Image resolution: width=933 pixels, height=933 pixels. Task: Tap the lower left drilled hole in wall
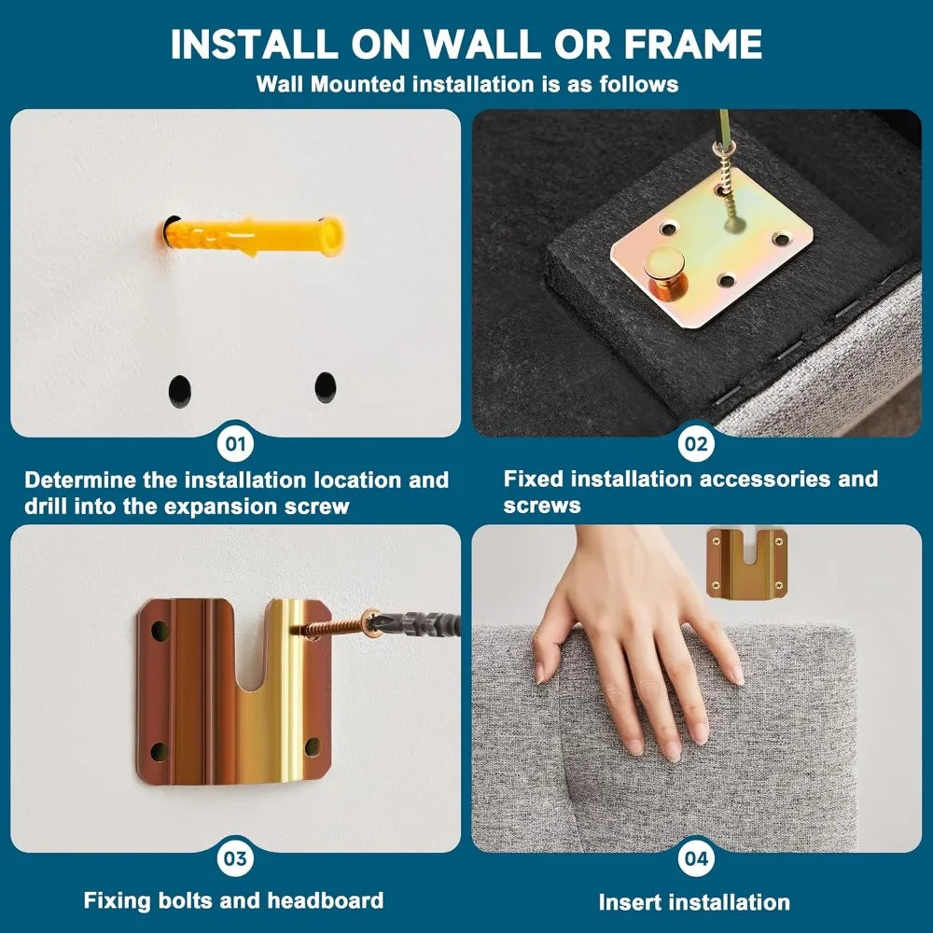coord(180,391)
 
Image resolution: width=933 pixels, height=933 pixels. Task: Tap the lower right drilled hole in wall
coord(326,387)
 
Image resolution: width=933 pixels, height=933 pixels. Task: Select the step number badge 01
coord(236,444)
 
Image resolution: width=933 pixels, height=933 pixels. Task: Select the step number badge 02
coord(696,444)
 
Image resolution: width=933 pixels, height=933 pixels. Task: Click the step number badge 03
coord(236,858)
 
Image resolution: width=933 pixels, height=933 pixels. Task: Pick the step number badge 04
coord(696,858)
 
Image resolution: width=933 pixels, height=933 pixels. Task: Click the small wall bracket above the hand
coord(747,564)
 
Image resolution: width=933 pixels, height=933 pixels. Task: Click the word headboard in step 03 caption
coord(325,900)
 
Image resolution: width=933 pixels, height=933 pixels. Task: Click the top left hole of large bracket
coord(160,630)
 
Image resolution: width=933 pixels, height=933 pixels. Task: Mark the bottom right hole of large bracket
coord(312,746)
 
